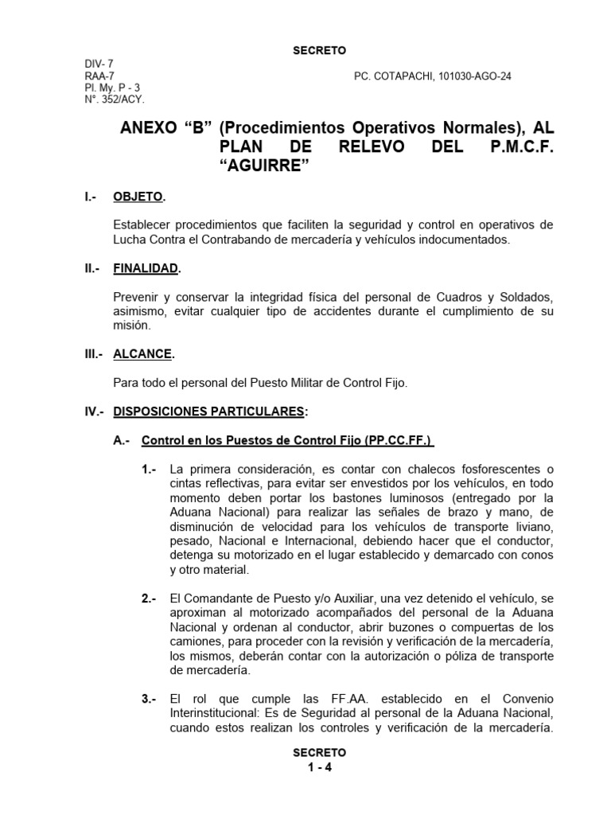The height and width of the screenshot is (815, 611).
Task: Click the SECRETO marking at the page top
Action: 320,50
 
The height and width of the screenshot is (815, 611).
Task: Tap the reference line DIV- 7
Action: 99,64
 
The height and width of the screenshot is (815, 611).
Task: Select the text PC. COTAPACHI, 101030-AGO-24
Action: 433,76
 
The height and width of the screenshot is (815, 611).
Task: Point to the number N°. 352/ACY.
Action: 115,99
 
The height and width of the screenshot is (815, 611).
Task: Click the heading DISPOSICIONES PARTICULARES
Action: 208,411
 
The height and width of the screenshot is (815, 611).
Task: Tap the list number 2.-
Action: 149,598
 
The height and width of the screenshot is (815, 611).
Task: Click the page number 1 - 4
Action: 319,768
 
